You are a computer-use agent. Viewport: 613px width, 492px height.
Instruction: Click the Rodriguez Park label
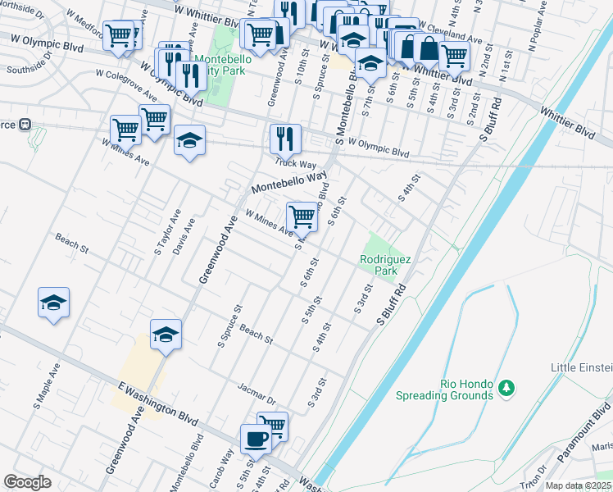tap(378, 265)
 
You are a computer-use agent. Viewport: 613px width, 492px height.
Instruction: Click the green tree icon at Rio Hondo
tap(507, 385)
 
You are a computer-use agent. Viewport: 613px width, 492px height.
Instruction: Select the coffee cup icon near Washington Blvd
tap(256, 439)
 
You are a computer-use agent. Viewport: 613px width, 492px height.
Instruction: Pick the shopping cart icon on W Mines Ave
tap(302, 216)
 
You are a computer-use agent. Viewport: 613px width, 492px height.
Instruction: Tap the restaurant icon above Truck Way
tap(285, 138)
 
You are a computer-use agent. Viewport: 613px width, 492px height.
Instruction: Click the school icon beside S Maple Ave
tap(53, 303)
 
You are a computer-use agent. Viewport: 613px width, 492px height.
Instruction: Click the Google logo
tap(27, 482)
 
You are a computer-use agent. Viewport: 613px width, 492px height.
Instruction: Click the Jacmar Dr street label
tap(254, 392)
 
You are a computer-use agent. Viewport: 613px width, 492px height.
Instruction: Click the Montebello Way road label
tap(289, 181)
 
